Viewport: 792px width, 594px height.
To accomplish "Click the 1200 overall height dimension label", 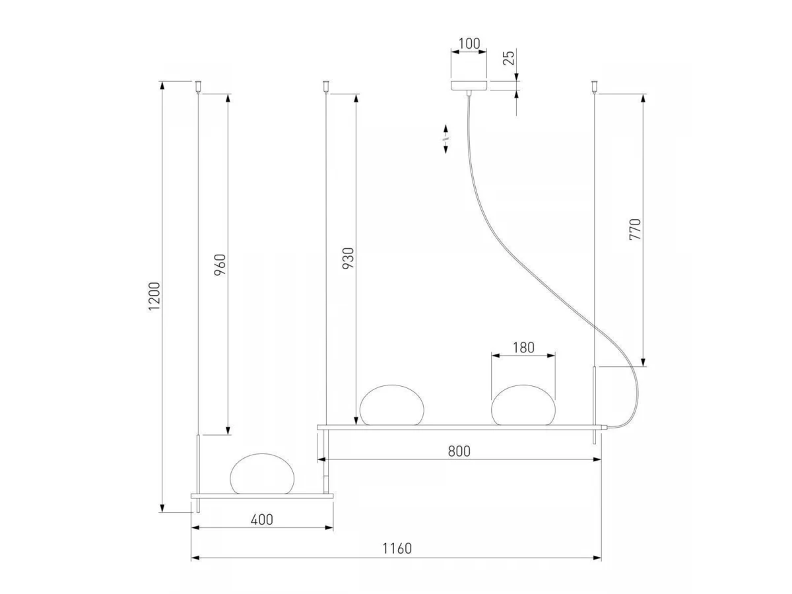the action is click(x=154, y=296).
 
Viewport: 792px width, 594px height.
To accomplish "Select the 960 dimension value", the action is click(x=220, y=265).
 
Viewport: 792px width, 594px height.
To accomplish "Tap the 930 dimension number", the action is click(x=348, y=258).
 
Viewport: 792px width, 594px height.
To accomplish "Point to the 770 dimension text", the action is click(x=635, y=230).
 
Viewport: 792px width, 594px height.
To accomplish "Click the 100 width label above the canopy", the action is click(x=469, y=44).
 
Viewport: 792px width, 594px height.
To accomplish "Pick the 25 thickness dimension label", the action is click(x=508, y=57).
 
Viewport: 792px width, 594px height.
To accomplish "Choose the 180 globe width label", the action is click(x=523, y=348).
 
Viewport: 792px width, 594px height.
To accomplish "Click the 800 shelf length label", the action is click(x=459, y=451).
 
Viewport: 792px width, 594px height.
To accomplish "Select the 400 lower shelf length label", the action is click(x=262, y=519).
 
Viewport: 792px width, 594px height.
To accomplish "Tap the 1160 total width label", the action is click(x=397, y=548).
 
